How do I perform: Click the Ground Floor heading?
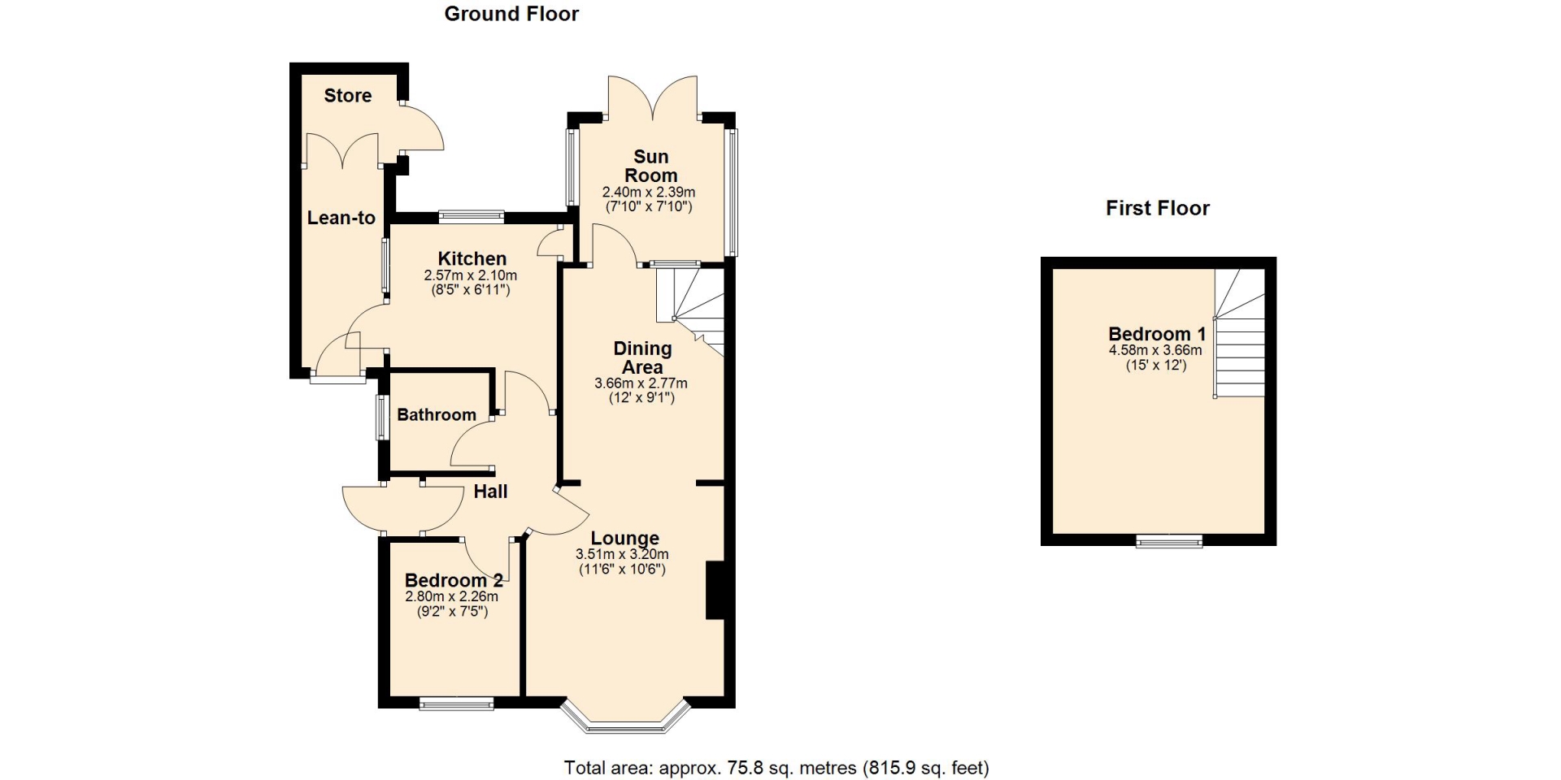511,14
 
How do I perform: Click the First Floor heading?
1158,208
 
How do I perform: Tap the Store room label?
348,95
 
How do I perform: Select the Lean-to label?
341,218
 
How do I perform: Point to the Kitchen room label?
472,259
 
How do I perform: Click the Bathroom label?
437,414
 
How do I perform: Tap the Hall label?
490,492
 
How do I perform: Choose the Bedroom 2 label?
454,580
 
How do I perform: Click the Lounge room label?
624,538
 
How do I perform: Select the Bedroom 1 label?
1157,334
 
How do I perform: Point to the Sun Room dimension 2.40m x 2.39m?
649,193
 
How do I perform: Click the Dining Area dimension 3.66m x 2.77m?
641,383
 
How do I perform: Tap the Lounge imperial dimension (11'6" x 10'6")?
622,569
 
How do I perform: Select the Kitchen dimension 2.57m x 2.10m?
471,275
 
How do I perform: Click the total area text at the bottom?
776,767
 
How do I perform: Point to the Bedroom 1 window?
1169,540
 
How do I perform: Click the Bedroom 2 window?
456,703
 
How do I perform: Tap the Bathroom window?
380,418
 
